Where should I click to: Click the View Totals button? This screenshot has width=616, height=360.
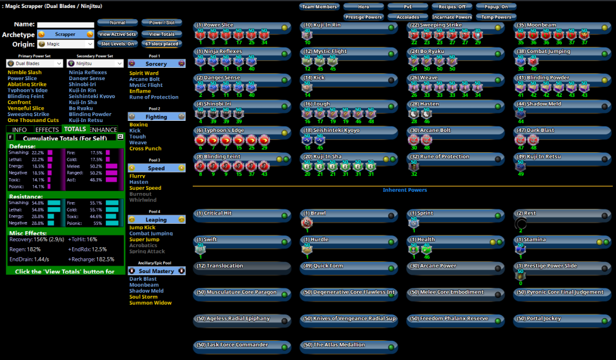(162, 35)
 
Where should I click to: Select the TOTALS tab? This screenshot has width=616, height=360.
(75, 129)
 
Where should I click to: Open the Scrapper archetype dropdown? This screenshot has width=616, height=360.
(65, 35)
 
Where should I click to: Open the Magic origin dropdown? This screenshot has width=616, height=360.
(65, 44)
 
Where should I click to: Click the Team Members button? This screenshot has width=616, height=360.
(320, 7)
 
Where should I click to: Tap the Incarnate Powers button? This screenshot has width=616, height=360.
(452, 17)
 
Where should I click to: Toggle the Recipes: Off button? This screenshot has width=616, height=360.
(452, 7)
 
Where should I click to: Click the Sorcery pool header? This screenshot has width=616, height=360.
(156, 63)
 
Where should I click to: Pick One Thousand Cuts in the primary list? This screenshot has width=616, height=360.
(33, 120)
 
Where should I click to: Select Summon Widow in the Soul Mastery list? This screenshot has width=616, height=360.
(150, 303)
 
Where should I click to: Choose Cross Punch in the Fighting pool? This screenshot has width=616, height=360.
(145, 149)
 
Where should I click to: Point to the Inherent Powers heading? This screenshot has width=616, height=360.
(405, 190)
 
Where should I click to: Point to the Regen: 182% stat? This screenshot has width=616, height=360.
(25, 250)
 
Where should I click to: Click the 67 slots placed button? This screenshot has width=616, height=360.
(162, 44)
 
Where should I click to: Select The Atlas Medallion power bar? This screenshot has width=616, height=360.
(349, 345)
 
